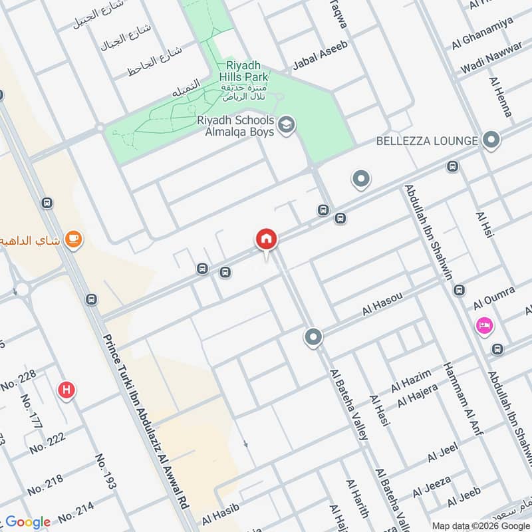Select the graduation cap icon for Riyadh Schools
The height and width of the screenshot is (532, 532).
287,125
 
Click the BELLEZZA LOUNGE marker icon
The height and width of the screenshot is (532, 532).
491,140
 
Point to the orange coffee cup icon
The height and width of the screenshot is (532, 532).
74,239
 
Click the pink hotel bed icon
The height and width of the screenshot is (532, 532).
484,326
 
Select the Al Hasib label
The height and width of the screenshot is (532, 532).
220,516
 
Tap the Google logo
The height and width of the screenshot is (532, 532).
28,522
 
